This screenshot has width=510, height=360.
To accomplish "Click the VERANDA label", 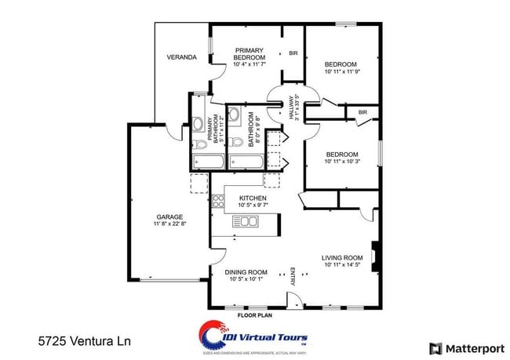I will (181, 57).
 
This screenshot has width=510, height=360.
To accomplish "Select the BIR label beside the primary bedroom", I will (293, 53).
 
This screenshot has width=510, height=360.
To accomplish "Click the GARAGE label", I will (169, 216).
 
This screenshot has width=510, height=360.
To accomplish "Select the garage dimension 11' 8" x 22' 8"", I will (169, 224).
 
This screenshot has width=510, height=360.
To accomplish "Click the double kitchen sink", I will (246, 222).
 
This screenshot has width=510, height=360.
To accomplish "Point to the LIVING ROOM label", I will (342, 257).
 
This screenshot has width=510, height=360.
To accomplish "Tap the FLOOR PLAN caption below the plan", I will (254, 315).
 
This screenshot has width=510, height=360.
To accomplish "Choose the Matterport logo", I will (466, 347).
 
